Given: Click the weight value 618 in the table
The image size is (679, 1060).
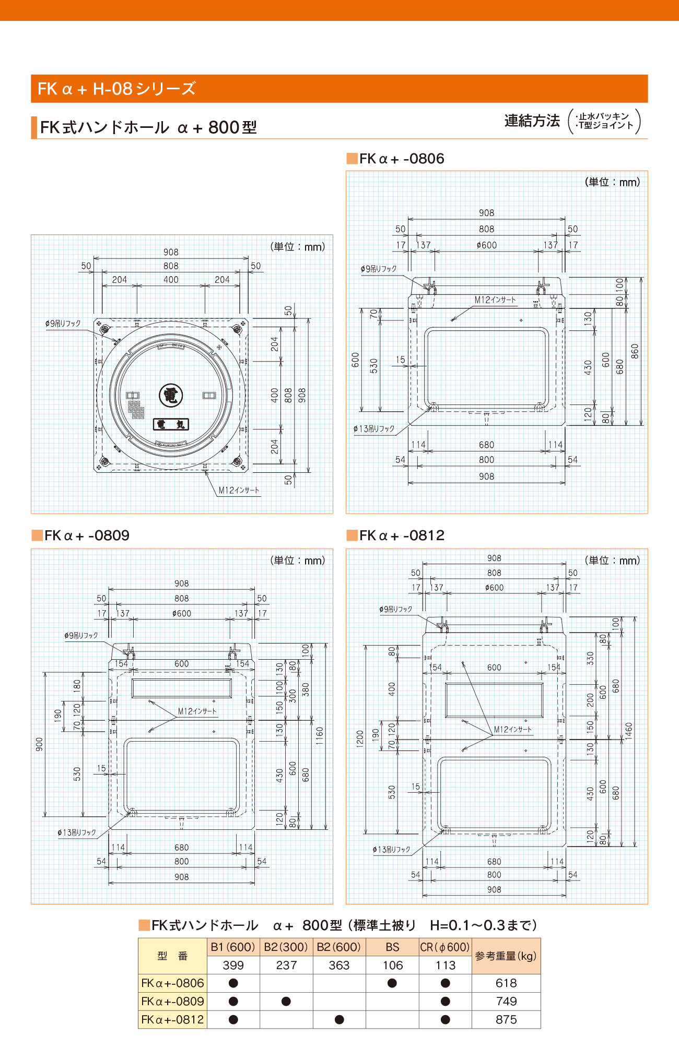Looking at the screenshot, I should [x=506, y=983].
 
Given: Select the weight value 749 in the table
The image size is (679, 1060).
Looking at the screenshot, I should [x=506, y=1002].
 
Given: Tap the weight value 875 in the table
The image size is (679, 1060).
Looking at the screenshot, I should [x=506, y=1020].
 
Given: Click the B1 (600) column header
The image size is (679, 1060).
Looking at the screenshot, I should [x=233, y=947].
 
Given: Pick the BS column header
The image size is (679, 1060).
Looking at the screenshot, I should [x=392, y=947].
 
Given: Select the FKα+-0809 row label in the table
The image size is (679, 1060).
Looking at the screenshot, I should [x=172, y=1002].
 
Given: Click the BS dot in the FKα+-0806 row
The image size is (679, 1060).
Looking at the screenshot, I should [x=392, y=983].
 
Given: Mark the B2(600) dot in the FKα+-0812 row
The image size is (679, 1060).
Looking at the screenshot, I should [x=340, y=1020].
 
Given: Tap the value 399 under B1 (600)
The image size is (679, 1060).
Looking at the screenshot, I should [x=233, y=966].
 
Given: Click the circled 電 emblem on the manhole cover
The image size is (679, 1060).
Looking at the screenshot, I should [x=171, y=395].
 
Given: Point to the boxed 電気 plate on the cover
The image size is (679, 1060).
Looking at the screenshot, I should [x=171, y=424].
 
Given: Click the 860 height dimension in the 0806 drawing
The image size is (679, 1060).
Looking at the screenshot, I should [x=635, y=351].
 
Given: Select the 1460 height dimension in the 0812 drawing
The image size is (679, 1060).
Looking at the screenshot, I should [x=628, y=730].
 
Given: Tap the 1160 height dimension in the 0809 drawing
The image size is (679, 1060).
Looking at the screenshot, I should [x=320, y=735].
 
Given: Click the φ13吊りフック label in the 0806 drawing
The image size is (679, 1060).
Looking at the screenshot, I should [x=374, y=429].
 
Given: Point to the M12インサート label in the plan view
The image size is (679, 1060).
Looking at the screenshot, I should [x=239, y=491].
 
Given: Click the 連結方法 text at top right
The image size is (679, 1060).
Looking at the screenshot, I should [x=532, y=121].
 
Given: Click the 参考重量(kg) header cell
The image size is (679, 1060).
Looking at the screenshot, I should [x=506, y=956].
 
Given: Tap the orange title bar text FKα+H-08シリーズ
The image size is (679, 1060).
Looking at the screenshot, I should [x=116, y=89].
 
